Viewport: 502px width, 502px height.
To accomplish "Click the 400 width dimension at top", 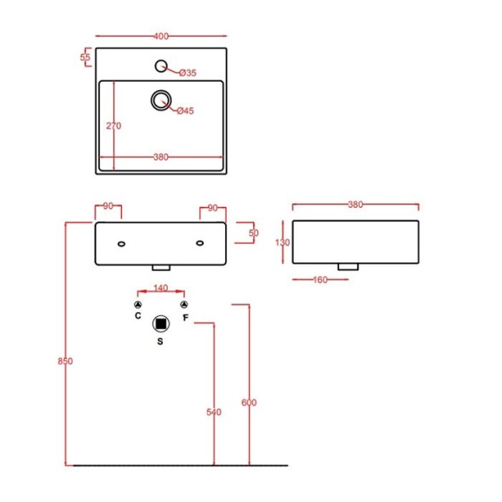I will [x=161, y=36].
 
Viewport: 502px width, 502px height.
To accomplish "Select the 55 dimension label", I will [x=85, y=58].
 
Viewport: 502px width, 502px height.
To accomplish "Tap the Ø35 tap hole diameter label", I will [x=188, y=73].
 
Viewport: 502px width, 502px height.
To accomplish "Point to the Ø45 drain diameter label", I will [x=187, y=111].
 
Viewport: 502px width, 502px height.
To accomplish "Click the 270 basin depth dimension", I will [x=113, y=125].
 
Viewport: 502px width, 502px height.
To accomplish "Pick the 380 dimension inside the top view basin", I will [x=160, y=157].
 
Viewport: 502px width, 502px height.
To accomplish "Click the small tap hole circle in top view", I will [x=161, y=66].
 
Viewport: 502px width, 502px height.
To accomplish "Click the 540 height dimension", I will [x=213, y=413].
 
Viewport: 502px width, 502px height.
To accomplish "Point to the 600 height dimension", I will [x=249, y=402].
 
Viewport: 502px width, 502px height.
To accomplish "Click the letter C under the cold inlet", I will [x=138, y=316].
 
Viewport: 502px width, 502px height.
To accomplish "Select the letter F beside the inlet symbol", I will [x=185, y=318].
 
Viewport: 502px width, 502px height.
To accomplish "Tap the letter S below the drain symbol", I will [x=160, y=341].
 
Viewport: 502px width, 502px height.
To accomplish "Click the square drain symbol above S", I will [x=160, y=323].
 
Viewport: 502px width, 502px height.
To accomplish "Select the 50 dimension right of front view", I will [x=253, y=232].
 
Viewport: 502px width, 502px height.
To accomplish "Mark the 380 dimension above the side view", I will [x=355, y=205].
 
